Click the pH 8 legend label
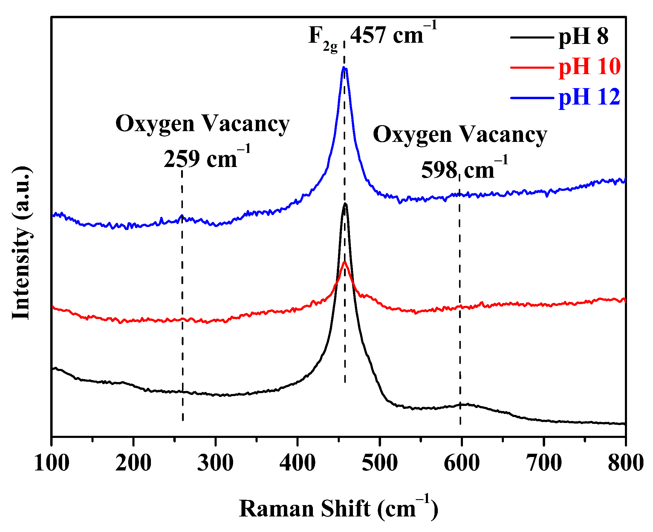(583, 37)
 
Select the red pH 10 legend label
(589, 67)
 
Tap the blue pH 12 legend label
(589, 97)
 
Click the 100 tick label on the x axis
(51, 463)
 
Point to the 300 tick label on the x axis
(215, 463)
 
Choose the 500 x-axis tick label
(380, 463)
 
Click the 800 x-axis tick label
(626, 463)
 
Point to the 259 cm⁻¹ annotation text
(207, 158)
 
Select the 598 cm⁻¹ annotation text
(464, 169)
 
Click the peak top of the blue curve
(344, 67)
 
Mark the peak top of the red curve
(345, 262)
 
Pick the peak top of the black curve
(345, 203)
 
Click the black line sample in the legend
(532, 37)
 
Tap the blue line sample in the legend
(532, 98)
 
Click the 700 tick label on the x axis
(544, 463)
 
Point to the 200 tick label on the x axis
(133, 463)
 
